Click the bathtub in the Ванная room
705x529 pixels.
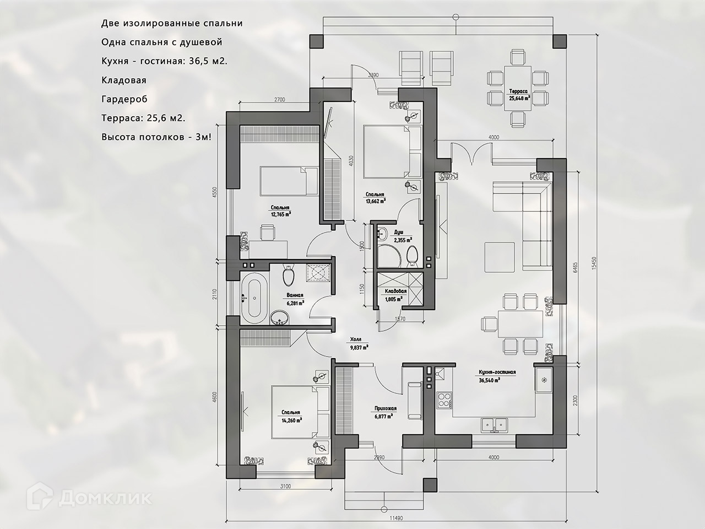[x=254, y=297]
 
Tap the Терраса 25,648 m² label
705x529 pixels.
[x=519, y=95]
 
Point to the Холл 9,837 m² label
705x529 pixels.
[x=359, y=343]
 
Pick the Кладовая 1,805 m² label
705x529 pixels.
[x=395, y=294]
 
